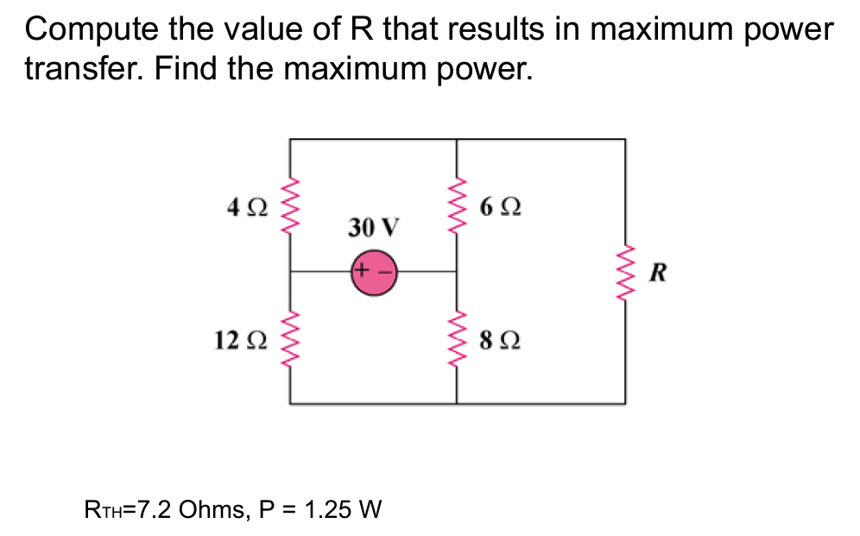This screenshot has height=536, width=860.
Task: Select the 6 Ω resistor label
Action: point(499,208)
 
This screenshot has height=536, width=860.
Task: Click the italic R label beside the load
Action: point(658,274)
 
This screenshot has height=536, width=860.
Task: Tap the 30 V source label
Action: point(374,228)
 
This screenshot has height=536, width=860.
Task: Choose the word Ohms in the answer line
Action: point(212,508)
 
